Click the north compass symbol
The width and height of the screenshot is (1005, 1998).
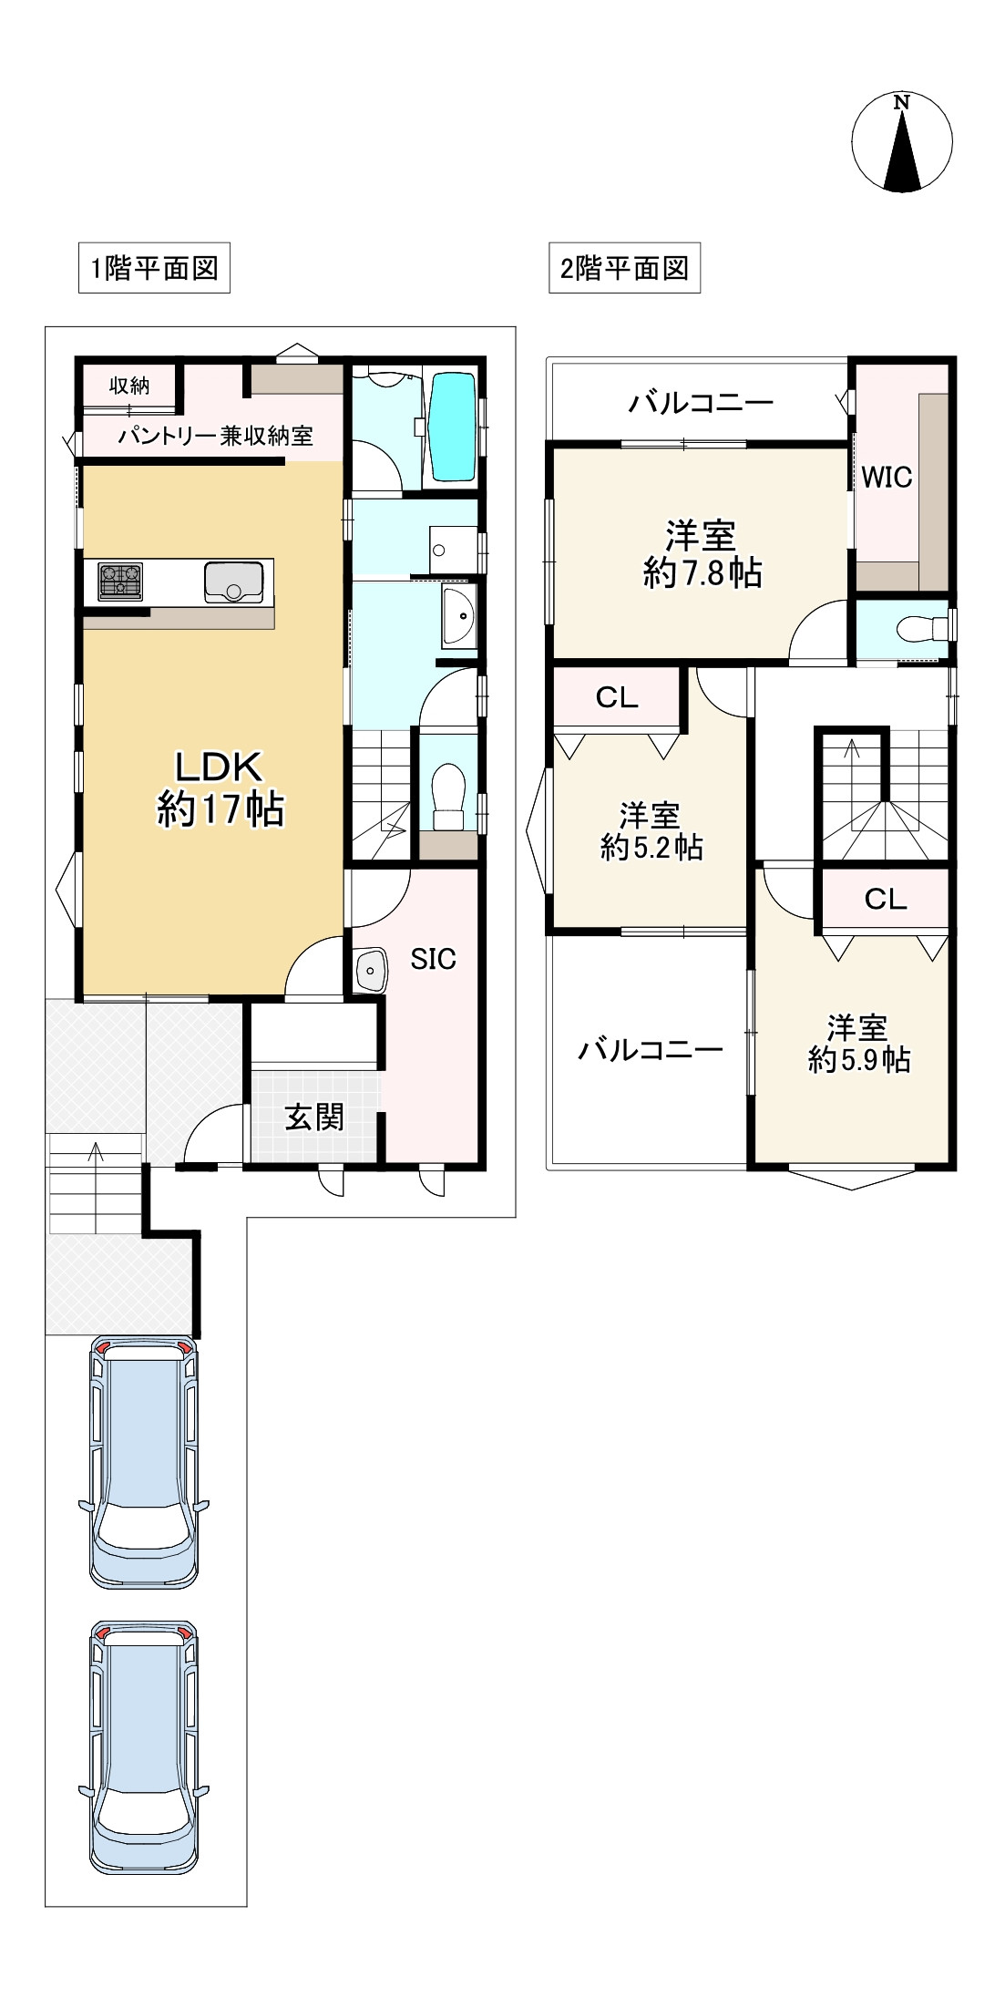(902, 143)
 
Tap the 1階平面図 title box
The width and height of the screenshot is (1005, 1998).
(154, 268)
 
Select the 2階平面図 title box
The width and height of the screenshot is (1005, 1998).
(624, 268)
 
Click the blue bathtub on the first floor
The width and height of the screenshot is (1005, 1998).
(453, 426)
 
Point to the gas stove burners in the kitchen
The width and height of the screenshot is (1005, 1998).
(120, 581)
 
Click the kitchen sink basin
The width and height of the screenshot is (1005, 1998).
(234, 582)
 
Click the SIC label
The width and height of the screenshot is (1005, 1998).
(433, 959)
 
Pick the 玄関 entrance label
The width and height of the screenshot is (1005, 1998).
(314, 1117)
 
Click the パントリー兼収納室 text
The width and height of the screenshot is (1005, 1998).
(215, 437)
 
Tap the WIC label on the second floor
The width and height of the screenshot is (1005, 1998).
(887, 477)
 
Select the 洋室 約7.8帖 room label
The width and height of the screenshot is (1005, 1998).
(702, 553)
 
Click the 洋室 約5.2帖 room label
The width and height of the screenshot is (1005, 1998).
(651, 830)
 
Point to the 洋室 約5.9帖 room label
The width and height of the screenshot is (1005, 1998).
(858, 1044)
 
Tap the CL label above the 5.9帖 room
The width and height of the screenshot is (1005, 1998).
(886, 900)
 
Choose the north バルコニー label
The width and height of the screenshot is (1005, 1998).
(701, 402)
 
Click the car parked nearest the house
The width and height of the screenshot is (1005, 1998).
(143, 1464)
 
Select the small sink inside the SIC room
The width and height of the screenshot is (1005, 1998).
(370, 968)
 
